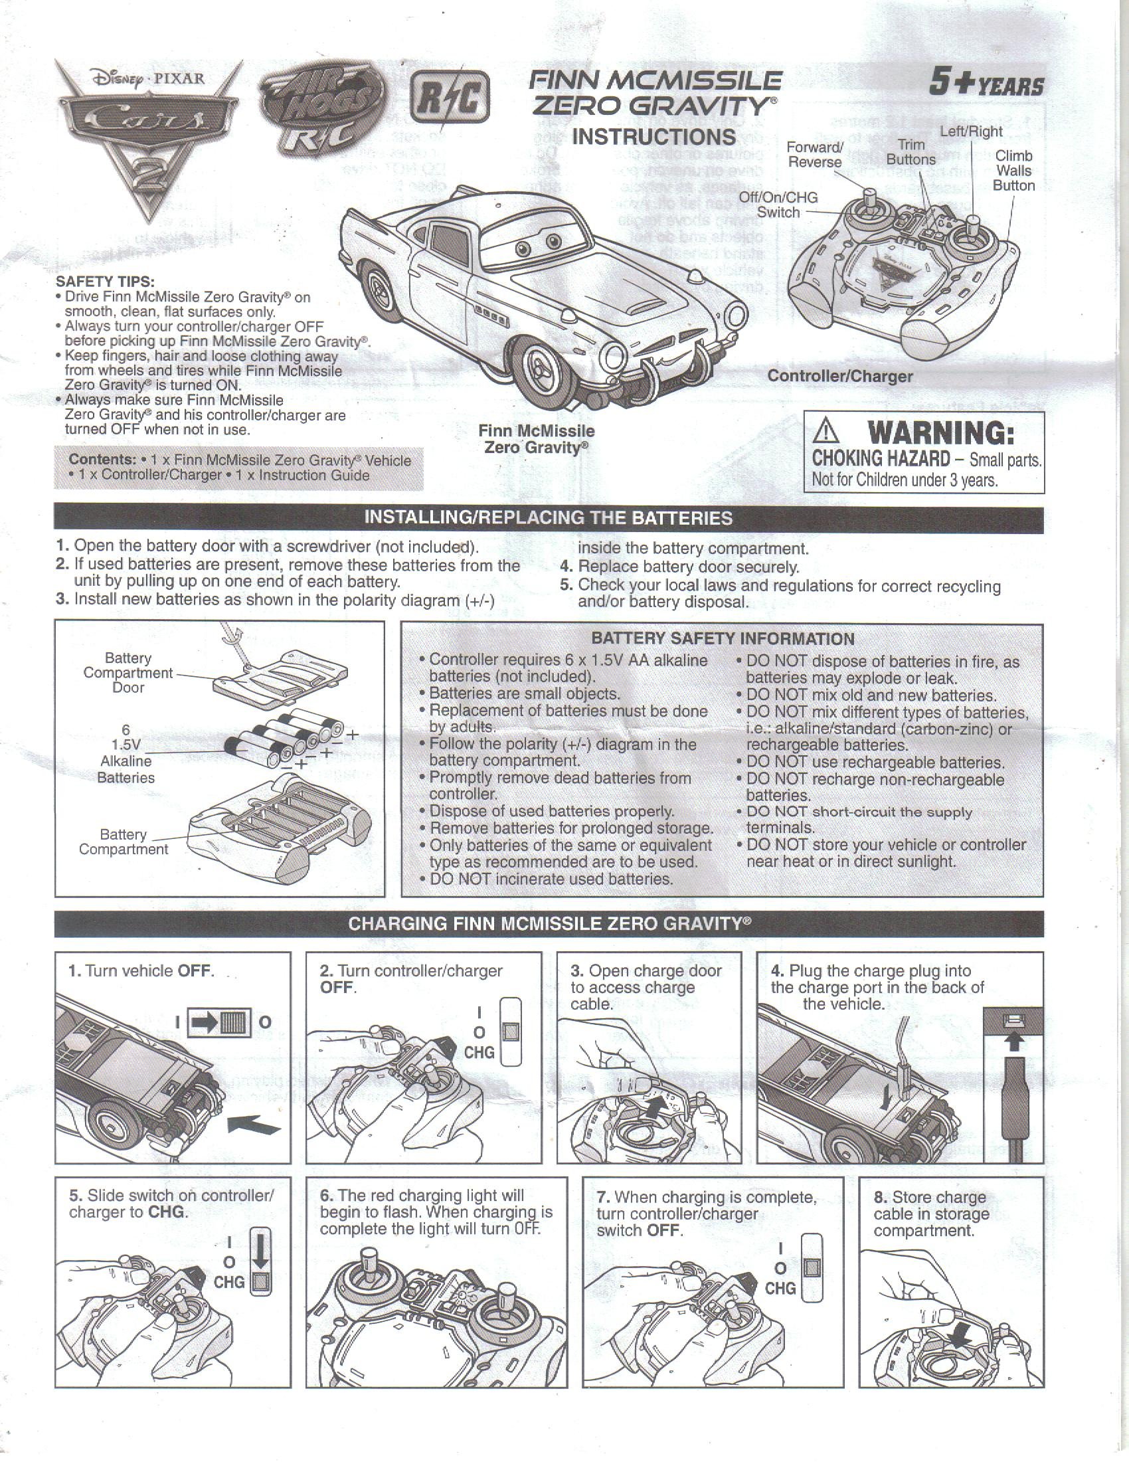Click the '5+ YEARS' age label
[986, 85]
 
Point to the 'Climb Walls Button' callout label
[1013, 170]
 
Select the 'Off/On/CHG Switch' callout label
[778, 205]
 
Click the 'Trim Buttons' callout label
[911, 152]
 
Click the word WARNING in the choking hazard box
[940, 434]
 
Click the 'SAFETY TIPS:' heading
[105, 282]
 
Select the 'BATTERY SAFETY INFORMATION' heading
[723, 639]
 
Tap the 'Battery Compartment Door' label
[128, 672]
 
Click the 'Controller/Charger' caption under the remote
[840, 376]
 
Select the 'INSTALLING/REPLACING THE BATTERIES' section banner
[548, 518]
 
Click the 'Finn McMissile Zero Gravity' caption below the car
[536, 438]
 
